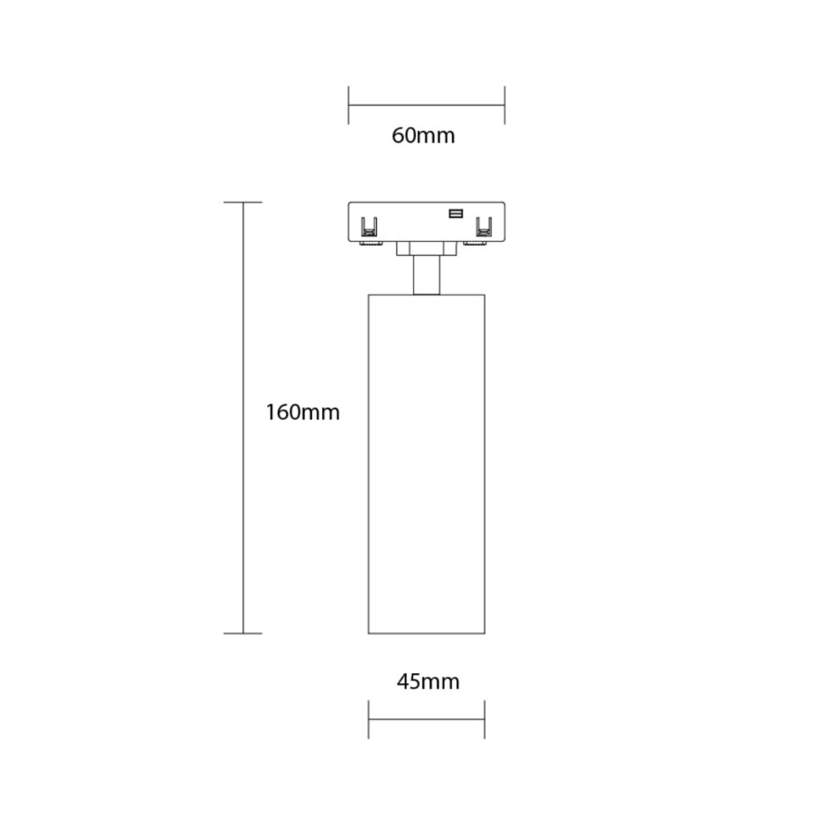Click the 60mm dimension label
tap(424, 136)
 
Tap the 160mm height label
tap(303, 412)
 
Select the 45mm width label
tap(428, 681)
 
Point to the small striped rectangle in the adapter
tap(456, 214)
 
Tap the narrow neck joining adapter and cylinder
tap(426, 275)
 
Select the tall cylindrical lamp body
tap(426, 464)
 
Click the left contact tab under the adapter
tap(371, 244)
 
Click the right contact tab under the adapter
tap(476, 244)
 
